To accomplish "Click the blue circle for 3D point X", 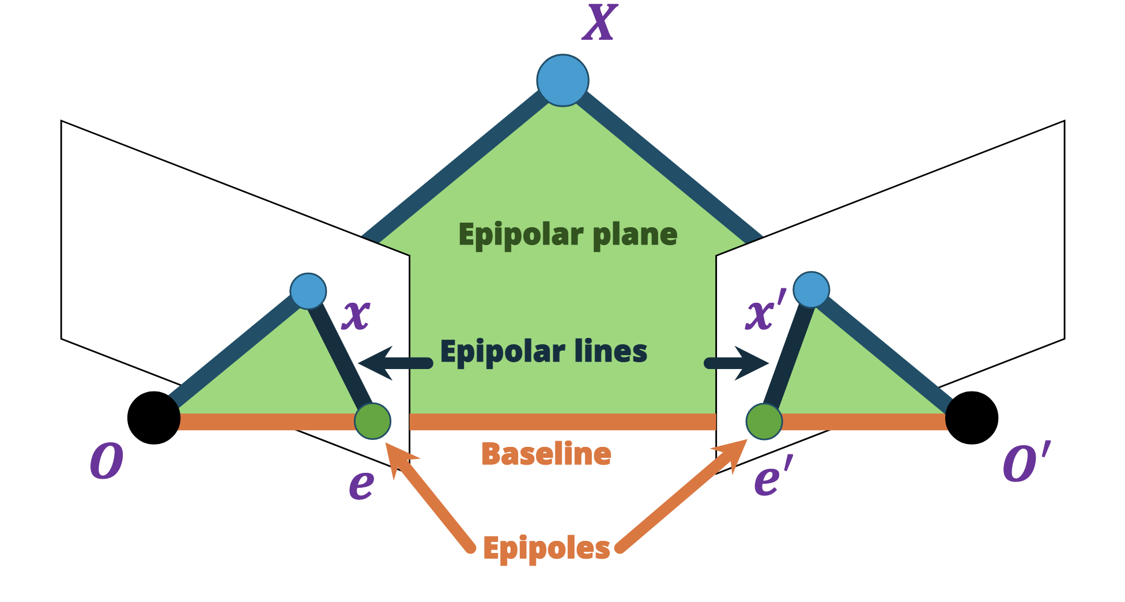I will click(562, 81).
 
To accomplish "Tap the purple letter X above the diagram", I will click(599, 23).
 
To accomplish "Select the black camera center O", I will click(154, 418).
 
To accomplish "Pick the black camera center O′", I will click(972, 418).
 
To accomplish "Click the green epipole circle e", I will click(372, 421).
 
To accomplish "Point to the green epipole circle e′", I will click(764, 421).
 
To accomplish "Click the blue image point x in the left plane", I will click(308, 291).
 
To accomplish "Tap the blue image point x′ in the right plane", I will click(811, 289).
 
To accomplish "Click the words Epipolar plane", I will click(568, 235).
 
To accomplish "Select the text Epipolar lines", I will click(543, 352).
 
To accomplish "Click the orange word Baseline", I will click(546, 454).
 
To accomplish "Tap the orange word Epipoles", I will click(546, 548).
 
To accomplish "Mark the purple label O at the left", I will click(107, 461).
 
